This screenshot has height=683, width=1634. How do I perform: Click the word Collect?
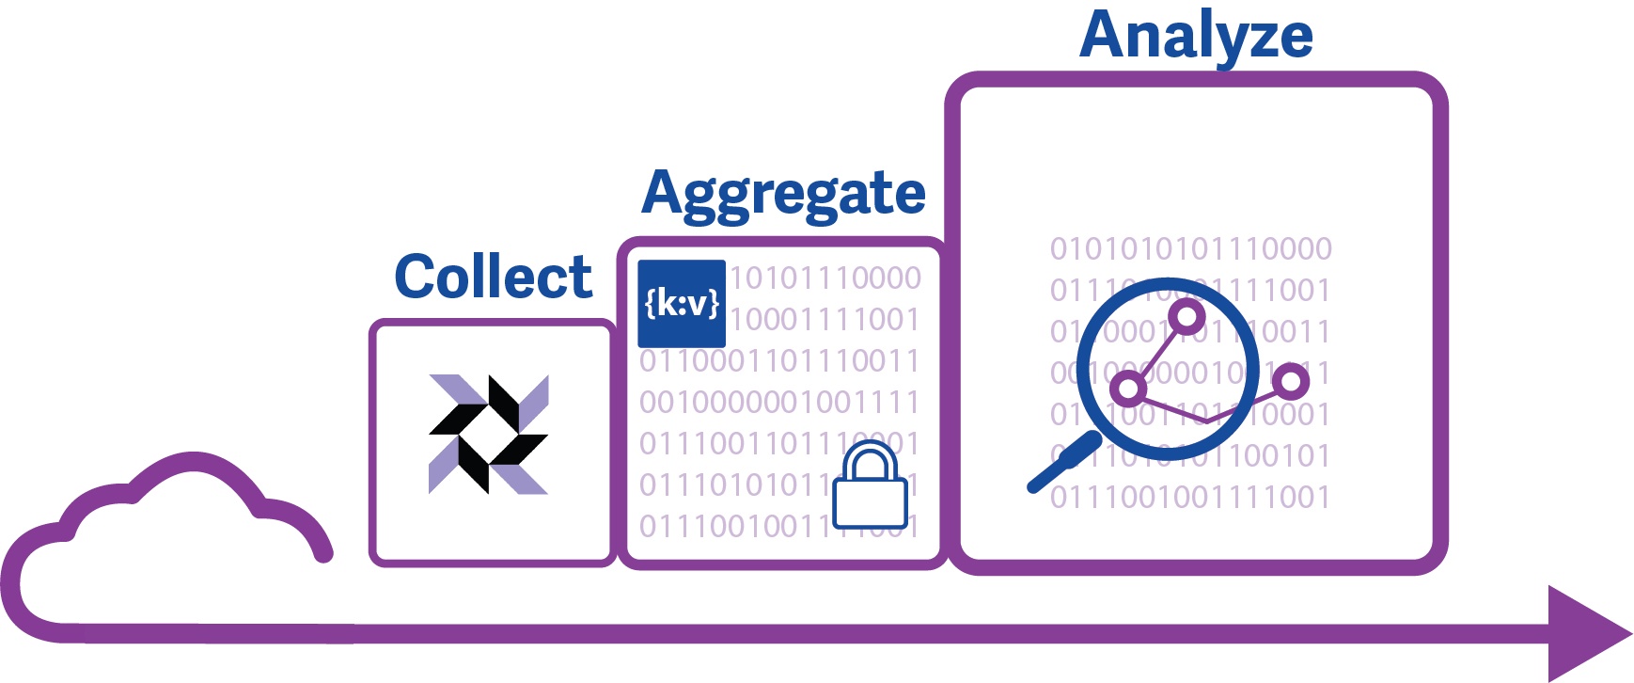click(x=493, y=277)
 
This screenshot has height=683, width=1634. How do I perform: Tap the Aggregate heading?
click(x=783, y=194)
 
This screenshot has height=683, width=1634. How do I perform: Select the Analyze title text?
click(x=1196, y=36)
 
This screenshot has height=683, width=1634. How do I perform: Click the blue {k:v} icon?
click(x=682, y=303)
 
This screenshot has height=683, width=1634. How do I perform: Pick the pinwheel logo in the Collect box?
click(x=489, y=434)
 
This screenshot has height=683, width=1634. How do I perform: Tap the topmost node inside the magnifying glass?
click(x=1186, y=316)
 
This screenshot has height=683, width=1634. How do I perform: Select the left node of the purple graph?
click(x=1128, y=388)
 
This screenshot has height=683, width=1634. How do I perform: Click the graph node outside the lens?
click(x=1291, y=381)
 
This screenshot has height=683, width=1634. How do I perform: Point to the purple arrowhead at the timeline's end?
click(x=1589, y=632)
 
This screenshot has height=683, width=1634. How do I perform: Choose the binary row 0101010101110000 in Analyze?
click(x=1190, y=248)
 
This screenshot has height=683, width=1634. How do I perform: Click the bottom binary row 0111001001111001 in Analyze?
click(x=1190, y=497)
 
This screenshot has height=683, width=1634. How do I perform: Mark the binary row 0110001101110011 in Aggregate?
click(x=779, y=360)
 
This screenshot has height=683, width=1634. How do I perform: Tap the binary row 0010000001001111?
click(x=779, y=402)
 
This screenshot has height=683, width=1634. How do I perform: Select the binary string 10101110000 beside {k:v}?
click(x=825, y=278)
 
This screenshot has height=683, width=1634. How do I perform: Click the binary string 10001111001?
click(x=825, y=319)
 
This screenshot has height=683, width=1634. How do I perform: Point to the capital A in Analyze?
click(x=1103, y=36)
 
